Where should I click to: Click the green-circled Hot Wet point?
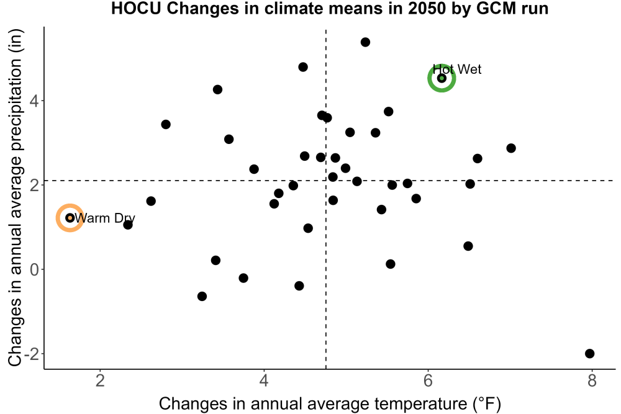pos(442,78)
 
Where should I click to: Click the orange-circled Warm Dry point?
pos(70,218)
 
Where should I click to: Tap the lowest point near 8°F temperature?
pos(590,353)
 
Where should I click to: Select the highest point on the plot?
pos(365,42)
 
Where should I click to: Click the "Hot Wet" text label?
pos(456,70)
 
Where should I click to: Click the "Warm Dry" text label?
pos(105,218)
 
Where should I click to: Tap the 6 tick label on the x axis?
pos(428,380)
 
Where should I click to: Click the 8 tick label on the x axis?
pos(592,380)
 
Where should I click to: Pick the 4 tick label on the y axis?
pos(35,101)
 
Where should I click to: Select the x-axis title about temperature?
pos(330,403)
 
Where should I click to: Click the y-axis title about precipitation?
pos(16,198)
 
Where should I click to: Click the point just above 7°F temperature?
pos(511,148)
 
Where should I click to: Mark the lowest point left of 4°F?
pos(202,296)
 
